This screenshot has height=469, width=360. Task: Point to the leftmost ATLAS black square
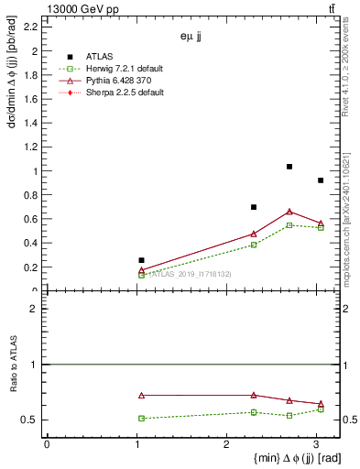coord(141,260)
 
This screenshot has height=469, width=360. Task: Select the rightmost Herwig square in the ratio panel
coord(321,409)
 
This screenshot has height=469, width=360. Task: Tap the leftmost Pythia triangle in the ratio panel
coord(141,396)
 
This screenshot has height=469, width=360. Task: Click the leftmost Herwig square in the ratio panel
coord(141,419)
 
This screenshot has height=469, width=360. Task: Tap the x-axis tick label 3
coord(317,444)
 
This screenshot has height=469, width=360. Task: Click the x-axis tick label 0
coord(47,444)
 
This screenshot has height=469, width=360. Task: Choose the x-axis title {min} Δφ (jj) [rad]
coord(283,458)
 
